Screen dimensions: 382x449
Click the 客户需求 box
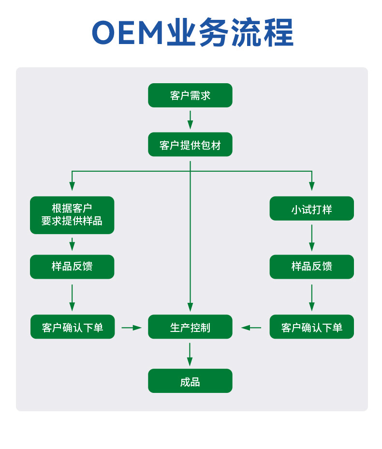coord(190,95)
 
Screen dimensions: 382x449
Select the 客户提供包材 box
coord(190,144)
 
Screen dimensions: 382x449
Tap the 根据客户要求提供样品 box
coord(72,215)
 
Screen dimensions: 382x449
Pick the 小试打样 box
coord(311,209)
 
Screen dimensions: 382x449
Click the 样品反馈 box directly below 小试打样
coord(311,267)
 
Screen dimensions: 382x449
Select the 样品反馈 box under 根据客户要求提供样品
coord(72,267)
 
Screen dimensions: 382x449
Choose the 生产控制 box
coord(190,327)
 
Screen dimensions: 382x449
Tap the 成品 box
coord(190,381)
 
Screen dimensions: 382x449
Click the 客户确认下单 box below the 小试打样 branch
coord(311,327)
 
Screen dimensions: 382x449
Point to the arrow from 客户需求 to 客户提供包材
coord(190,120)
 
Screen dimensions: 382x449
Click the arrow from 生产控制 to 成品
coord(190,355)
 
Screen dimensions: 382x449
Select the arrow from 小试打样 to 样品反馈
coord(311,238)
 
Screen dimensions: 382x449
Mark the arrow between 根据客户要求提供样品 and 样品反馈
coord(72,244)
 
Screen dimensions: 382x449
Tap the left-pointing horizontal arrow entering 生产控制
coord(251,327)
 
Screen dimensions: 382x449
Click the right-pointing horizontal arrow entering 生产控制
coord(132,327)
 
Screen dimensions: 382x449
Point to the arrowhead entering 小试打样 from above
coord(311,186)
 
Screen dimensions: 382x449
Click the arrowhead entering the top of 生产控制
coord(190,307)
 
